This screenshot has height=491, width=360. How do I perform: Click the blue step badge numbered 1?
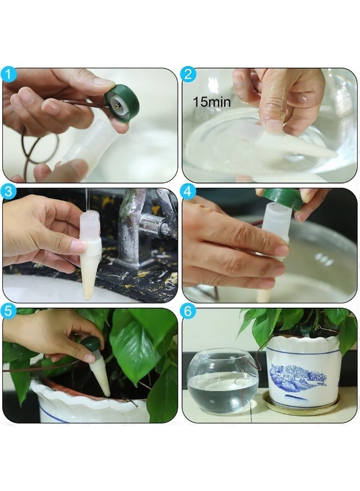point(8,75)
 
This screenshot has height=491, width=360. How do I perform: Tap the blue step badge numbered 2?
point(188,75)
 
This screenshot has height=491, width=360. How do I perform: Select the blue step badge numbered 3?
point(8,191)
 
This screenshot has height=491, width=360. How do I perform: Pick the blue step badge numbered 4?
point(188,191)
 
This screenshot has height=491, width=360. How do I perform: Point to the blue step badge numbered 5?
point(8,312)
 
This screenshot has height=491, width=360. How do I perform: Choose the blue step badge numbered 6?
point(188,312)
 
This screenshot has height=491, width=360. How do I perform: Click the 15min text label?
point(212,102)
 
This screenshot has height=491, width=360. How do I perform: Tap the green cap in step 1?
point(122,103)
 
